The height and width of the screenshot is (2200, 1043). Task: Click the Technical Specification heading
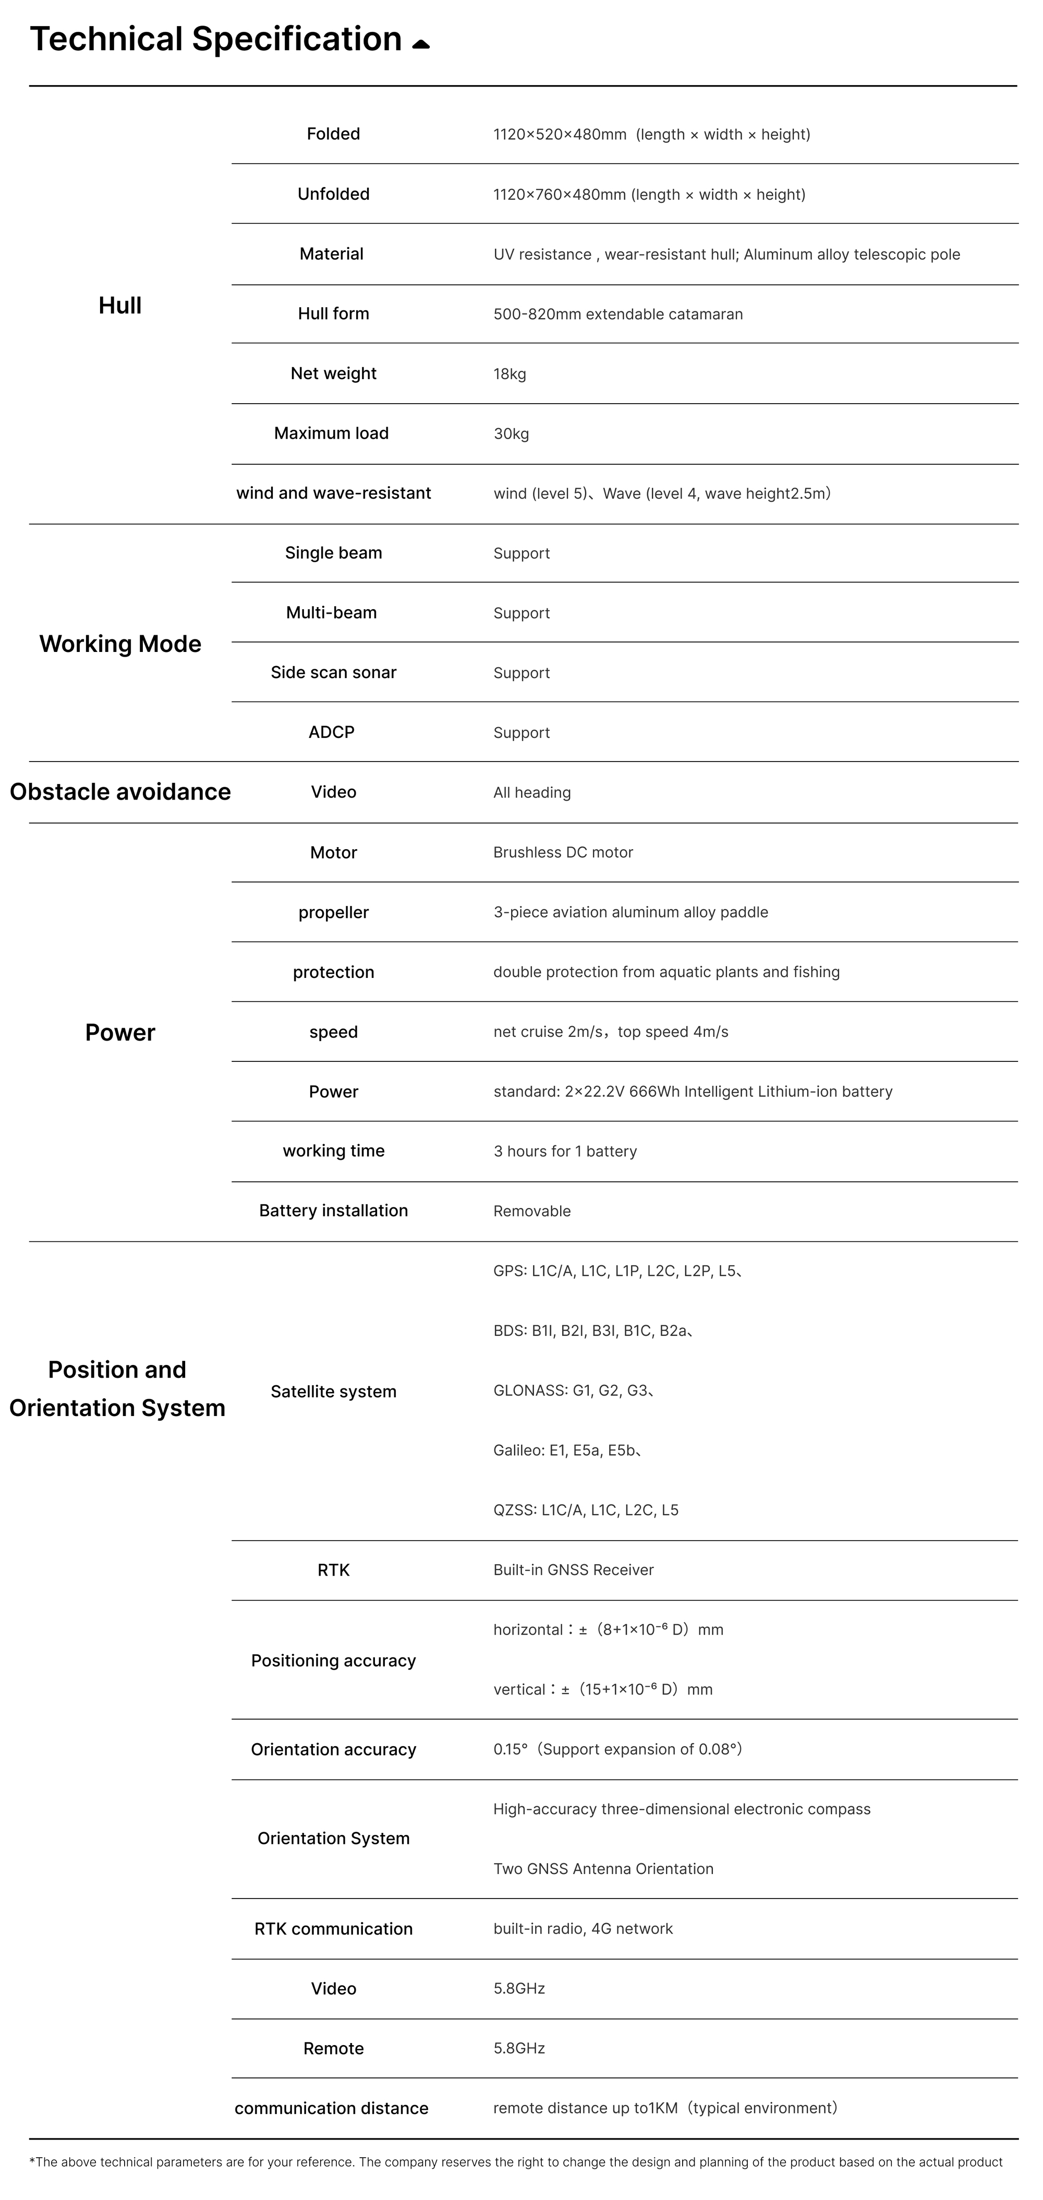[x=215, y=39]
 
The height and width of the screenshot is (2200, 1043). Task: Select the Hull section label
[x=119, y=306]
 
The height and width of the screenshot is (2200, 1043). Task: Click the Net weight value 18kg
[x=510, y=374]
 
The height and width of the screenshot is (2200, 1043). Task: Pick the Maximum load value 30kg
[x=511, y=434]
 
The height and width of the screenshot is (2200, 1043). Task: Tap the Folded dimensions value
[x=651, y=134]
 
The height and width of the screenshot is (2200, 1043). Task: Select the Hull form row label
[x=333, y=313]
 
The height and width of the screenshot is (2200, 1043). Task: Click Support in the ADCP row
[x=521, y=733]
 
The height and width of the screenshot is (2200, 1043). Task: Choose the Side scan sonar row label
[x=333, y=672]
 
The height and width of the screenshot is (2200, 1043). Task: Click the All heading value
[x=531, y=793]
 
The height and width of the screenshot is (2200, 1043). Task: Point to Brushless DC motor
[x=563, y=852]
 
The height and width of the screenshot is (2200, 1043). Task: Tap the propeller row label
[x=333, y=912]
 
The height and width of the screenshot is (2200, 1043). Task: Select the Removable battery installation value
[x=531, y=1211]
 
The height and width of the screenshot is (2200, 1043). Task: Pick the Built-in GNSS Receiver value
[x=573, y=1570]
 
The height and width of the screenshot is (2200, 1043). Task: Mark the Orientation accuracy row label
[x=333, y=1749]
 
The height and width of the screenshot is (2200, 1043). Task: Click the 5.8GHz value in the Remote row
[x=518, y=2048]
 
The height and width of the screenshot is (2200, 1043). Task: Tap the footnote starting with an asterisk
[x=516, y=2161]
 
